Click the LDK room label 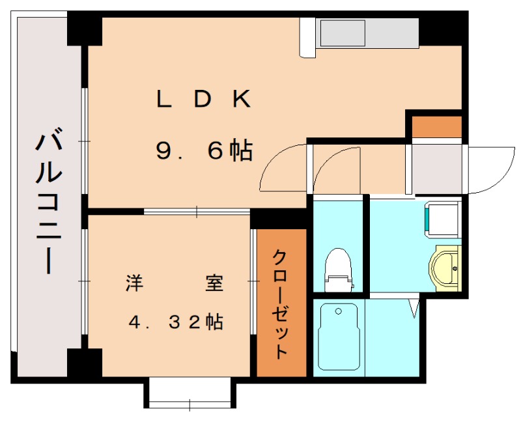[203, 99]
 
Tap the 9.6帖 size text [204, 150]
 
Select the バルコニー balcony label [49, 201]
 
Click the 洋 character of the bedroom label [134, 283]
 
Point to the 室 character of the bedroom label [214, 283]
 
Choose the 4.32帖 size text [176, 322]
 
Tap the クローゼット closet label [280, 305]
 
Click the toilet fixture [338, 270]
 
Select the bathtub [339, 337]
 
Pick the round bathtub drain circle [339, 311]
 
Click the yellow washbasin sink [445, 268]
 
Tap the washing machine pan [444, 219]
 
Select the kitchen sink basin [343, 33]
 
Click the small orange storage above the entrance [437, 126]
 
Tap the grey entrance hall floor [437, 169]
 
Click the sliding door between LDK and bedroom [197, 212]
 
